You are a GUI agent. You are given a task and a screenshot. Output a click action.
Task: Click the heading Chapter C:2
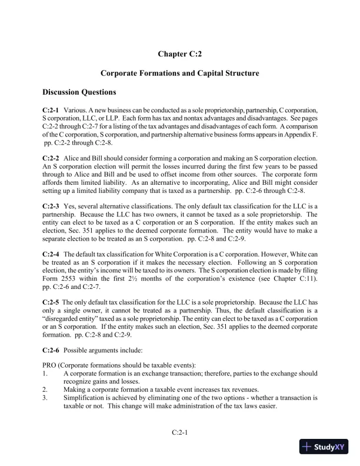click(180, 54)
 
